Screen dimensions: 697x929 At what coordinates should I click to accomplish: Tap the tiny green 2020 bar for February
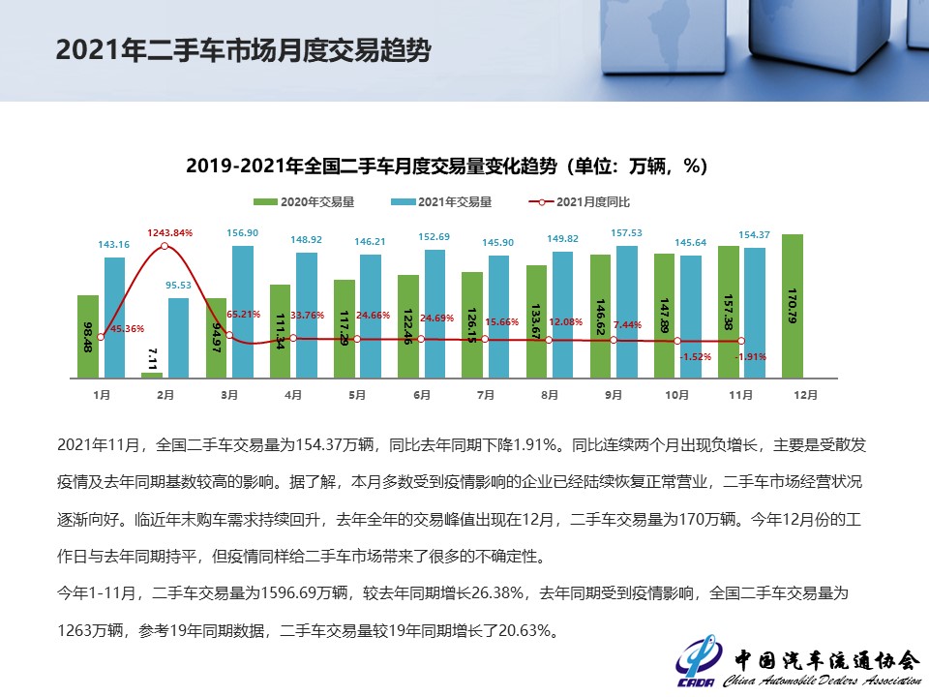pos(153,375)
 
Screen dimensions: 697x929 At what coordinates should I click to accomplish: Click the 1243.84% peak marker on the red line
pos(165,246)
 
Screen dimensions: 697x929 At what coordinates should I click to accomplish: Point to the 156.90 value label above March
pos(242,233)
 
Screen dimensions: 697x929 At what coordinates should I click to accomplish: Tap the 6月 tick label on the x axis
pos(421,395)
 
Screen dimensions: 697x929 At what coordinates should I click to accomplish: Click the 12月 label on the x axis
pos(805,395)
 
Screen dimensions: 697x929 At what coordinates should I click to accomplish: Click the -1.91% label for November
pos(752,356)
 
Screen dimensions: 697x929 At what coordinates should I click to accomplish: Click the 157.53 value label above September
pos(627,233)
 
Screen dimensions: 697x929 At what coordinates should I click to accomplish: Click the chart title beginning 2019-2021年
pos(446,167)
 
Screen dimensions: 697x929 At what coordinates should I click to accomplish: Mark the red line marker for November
pos(741,341)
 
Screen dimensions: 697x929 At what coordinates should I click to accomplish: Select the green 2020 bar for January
pos(88,336)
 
